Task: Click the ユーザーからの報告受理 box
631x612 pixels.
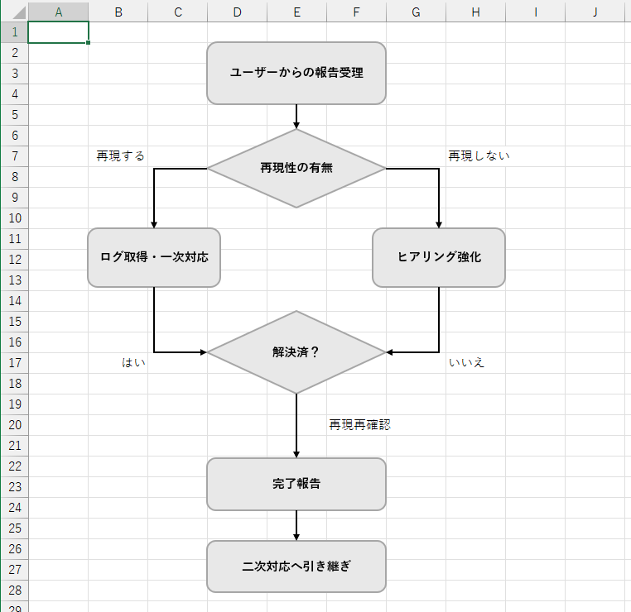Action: (x=296, y=73)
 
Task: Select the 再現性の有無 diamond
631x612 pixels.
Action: (x=296, y=168)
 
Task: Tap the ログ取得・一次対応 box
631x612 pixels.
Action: (x=154, y=257)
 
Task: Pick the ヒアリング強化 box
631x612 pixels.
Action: (x=439, y=257)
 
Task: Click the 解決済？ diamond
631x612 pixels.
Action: (x=296, y=352)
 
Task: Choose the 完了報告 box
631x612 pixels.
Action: (x=296, y=484)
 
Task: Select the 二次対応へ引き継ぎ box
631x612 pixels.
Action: (x=296, y=567)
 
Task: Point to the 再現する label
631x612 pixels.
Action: (x=121, y=155)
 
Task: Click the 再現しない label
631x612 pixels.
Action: (x=479, y=155)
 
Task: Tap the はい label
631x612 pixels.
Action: (x=133, y=362)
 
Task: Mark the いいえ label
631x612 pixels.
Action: (x=467, y=362)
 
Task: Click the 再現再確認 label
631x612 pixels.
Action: (x=359, y=425)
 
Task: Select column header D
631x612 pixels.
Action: (x=238, y=12)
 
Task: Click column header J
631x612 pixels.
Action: (x=595, y=12)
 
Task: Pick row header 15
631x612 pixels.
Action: (x=13, y=321)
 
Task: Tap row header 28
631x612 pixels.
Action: (x=13, y=590)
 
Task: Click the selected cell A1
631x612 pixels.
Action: (x=58, y=32)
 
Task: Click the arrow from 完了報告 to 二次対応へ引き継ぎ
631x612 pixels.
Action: (x=296, y=525)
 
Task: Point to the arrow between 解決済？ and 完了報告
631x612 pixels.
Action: (x=296, y=425)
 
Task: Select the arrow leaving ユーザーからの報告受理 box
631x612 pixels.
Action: (x=296, y=116)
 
